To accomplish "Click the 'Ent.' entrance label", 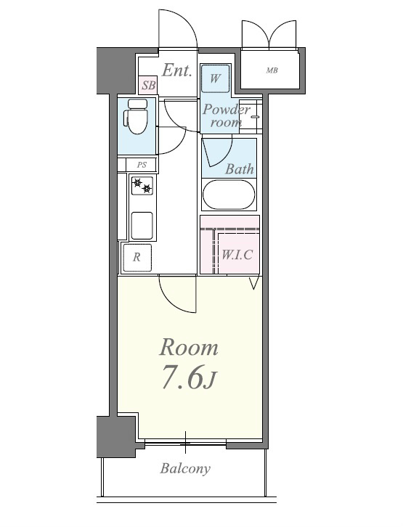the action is pyautogui.click(x=176, y=71).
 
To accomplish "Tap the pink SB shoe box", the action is pyautogui.click(x=148, y=85).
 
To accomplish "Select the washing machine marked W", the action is pyautogui.click(x=215, y=78).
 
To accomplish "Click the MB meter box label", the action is pyautogui.click(x=272, y=70).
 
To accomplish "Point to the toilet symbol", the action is pyautogui.click(x=136, y=116).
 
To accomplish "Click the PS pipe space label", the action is pyautogui.click(x=142, y=165).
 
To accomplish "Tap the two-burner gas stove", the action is pyautogui.click(x=142, y=186).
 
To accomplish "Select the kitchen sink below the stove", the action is pyautogui.click(x=142, y=226).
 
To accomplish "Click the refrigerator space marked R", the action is pyautogui.click(x=137, y=258).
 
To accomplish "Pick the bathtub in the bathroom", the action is pyautogui.click(x=229, y=195).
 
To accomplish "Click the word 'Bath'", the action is pyautogui.click(x=240, y=169).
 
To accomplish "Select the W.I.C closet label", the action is pyautogui.click(x=237, y=255).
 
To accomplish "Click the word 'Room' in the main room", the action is pyautogui.click(x=189, y=348).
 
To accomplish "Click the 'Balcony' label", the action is pyautogui.click(x=185, y=468).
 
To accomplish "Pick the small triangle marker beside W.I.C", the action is pyautogui.click(x=254, y=282).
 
